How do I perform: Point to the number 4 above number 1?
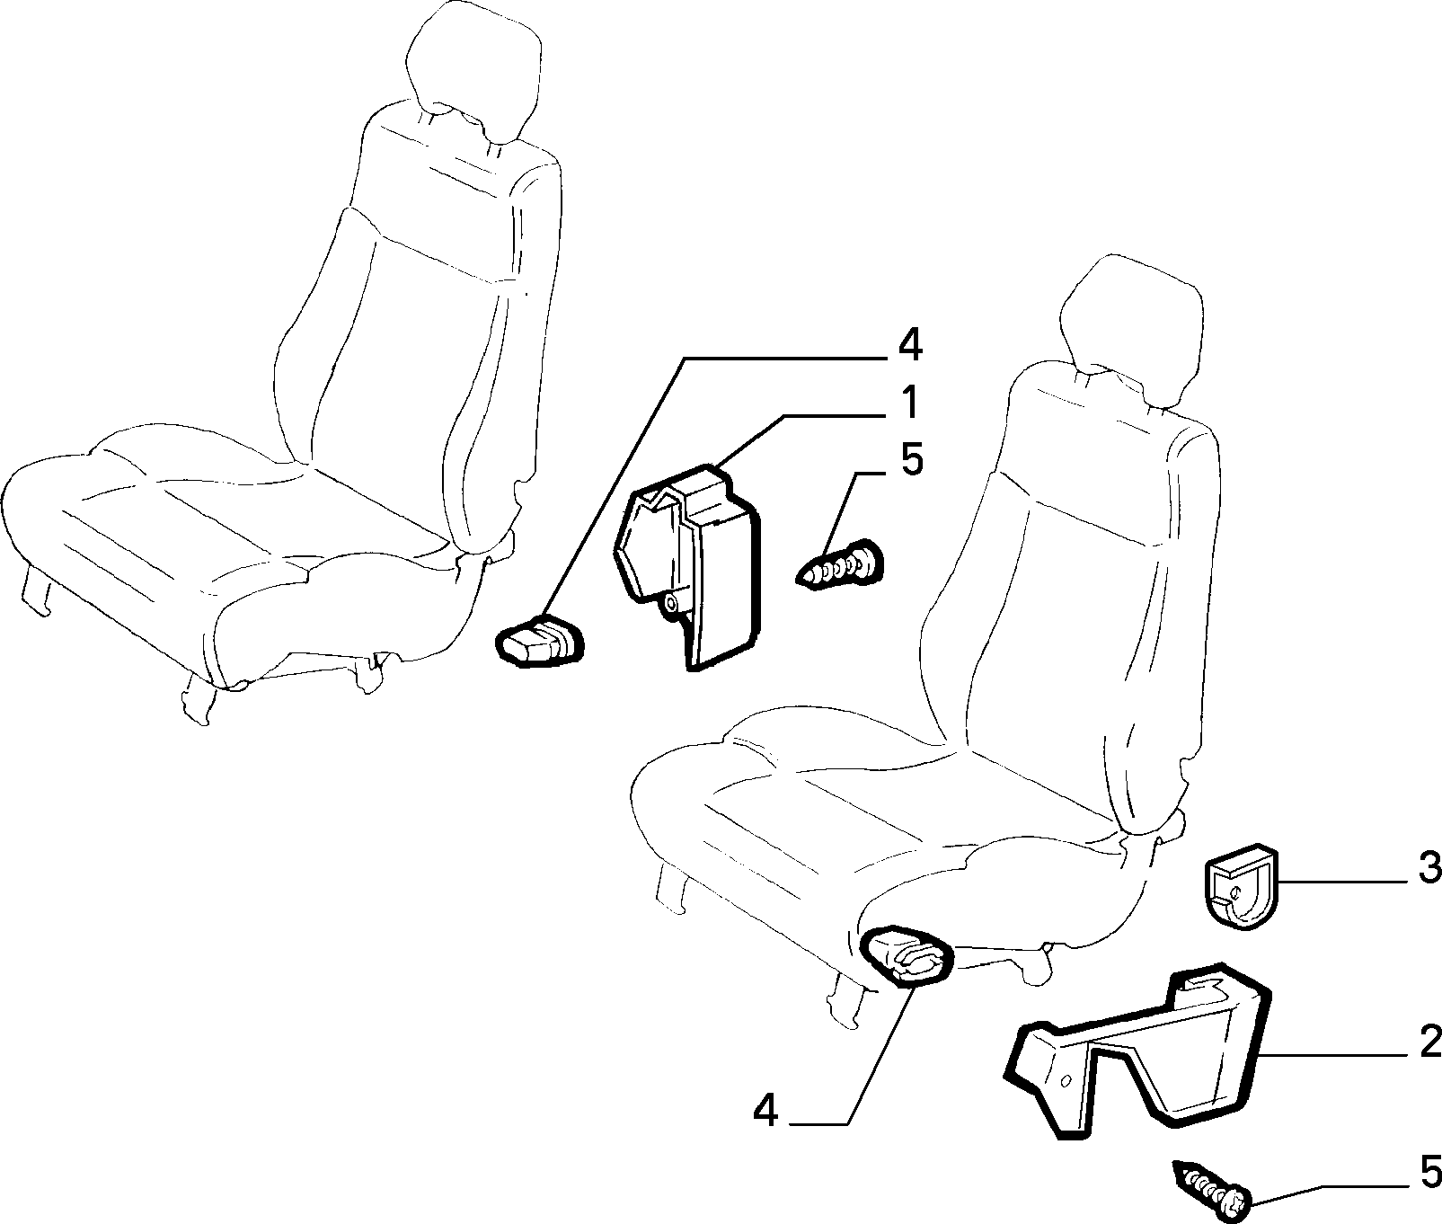[x=910, y=345]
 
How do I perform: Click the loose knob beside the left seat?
[x=539, y=640]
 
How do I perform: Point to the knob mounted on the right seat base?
[x=906, y=956]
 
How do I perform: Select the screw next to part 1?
[x=841, y=565]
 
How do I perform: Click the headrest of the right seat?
[x=1128, y=333]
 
